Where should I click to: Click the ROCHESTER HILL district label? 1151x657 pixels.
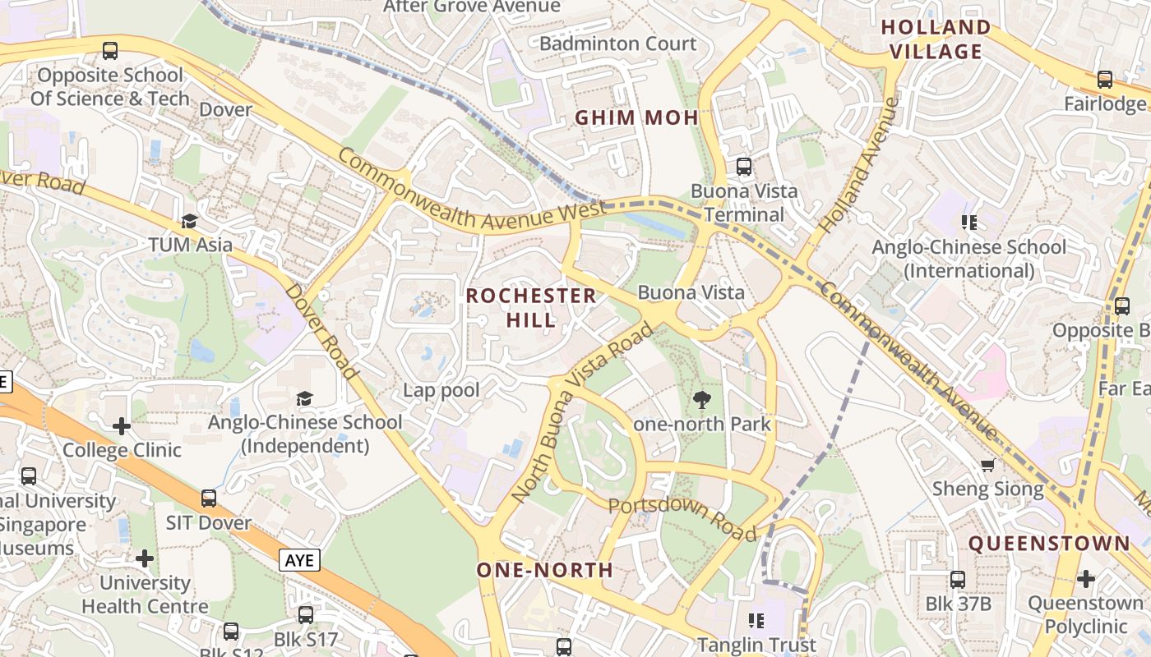(531, 307)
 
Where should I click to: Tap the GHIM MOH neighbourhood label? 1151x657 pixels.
(636, 117)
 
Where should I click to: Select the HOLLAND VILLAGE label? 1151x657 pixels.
(936, 39)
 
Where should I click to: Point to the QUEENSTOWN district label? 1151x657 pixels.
(1049, 543)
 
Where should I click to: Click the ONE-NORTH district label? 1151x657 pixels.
(545, 569)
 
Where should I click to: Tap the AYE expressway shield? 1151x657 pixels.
(299, 560)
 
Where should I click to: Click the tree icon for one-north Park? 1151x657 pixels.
(702, 400)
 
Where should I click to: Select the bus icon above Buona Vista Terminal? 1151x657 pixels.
(744, 167)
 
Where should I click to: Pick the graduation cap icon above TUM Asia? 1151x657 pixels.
(190, 221)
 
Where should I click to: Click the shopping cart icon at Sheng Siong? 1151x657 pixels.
(987, 465)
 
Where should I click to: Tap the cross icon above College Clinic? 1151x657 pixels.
(122, 425)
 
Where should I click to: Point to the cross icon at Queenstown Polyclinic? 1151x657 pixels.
(1085, 578)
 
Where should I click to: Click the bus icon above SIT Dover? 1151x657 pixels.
(209, 498)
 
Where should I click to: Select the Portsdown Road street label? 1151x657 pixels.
(682, 518)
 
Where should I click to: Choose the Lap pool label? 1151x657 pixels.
(441, 389)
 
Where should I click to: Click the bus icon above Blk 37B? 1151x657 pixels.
(958, 579)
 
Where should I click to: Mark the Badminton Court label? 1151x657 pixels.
(617, 44)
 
